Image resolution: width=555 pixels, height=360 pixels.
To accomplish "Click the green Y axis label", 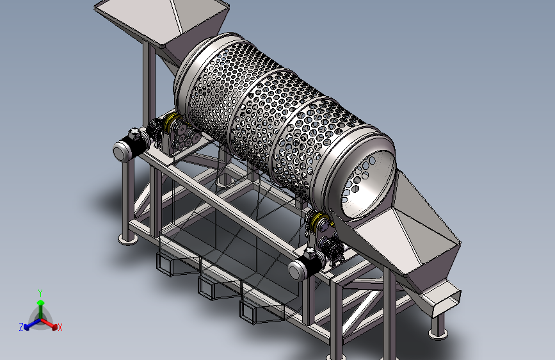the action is coord(40,293).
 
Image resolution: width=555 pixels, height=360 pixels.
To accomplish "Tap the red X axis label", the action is coord(60,327).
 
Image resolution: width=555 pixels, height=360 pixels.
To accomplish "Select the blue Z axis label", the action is coord(21,327).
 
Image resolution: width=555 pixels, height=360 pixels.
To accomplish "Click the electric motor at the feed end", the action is coord(132,145).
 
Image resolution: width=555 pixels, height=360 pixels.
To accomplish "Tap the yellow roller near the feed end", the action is coord(171,122).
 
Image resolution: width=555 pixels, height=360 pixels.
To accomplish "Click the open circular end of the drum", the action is coord(368,184).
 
